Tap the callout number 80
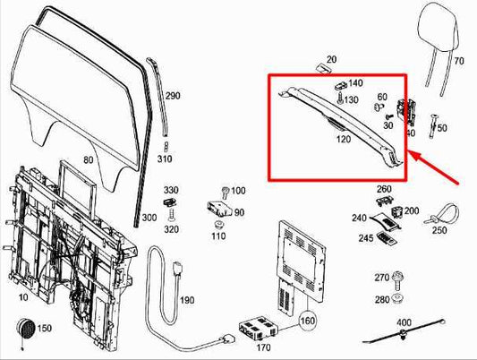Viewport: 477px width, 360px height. click(88, 160)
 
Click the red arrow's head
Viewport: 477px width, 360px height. click(413, 154)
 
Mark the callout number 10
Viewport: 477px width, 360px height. click(21, 296)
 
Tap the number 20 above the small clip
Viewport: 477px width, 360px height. click(331, 60)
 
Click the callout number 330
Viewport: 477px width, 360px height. click(170, 191)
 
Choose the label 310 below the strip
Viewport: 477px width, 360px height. click(164, 159)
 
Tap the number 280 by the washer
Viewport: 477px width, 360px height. click(382, 299)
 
